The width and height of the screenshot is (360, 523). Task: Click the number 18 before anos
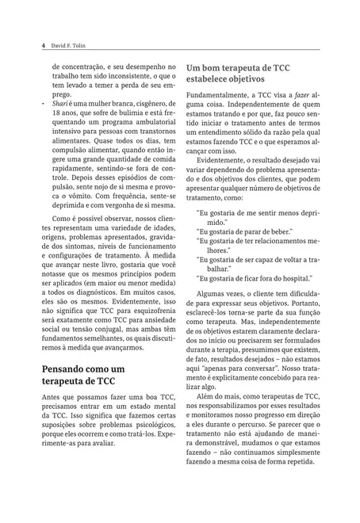point(56,117)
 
